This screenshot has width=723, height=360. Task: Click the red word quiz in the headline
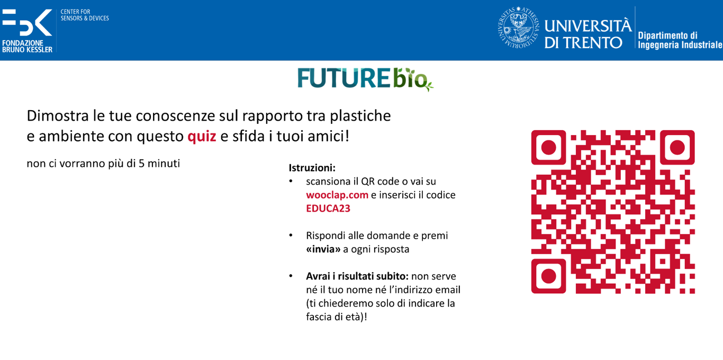(202, 137)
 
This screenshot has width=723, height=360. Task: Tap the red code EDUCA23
(328, 209)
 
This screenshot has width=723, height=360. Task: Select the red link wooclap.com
(337, 195)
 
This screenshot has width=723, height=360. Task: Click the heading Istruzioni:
(312, 168)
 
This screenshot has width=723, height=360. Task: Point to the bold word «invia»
(323, 249)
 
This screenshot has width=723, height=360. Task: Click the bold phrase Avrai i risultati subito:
(357, 276)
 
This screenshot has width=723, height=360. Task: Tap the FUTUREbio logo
(365, 79)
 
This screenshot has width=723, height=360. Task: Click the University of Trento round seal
(518, 29)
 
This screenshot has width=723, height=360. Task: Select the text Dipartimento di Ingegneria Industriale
(680, 40)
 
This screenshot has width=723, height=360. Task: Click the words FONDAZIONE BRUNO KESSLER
(27, 46)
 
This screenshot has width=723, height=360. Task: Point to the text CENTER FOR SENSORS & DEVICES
(85, 15)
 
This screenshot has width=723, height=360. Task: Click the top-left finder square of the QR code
(548, 148)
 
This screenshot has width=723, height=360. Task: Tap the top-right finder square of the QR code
(677, 148)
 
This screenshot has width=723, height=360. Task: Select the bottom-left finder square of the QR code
(548, 276)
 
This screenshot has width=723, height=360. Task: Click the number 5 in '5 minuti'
(141, 164)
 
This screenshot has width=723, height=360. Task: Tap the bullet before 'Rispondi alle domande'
(291, 236)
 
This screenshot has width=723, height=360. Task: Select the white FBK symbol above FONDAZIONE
(27, 22)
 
